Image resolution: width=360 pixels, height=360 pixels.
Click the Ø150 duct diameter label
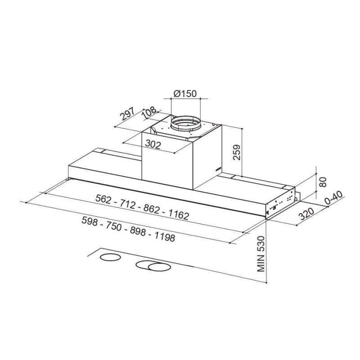pyautogui.click(x=185, y=94)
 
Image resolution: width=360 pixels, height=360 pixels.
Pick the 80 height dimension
pyautogui.click(x=322, y=182)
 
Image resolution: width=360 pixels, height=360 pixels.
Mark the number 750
pyautogui.click(x=113, y=226)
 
